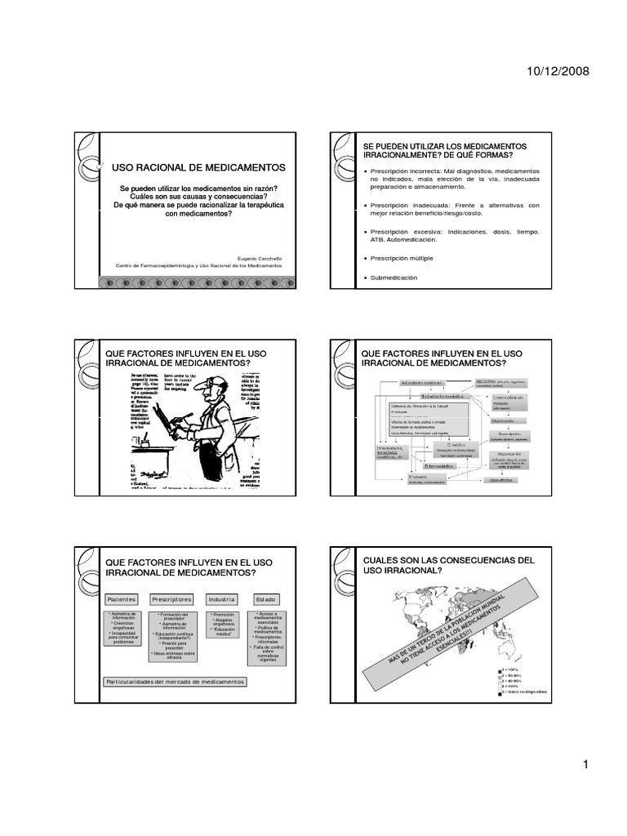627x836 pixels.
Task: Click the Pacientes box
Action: click(x=122, y=598)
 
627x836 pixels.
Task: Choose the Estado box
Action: click(x=266, y=598)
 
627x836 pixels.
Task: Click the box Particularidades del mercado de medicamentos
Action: click(x=177, y=681)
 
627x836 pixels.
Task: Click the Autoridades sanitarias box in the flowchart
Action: click(x=424, y=382)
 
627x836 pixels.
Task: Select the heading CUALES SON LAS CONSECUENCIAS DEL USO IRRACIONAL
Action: click(x=448, y=565)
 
